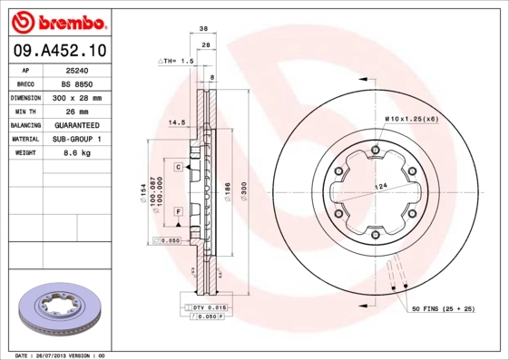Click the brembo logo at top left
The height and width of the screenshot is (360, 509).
click(x=58, y=21)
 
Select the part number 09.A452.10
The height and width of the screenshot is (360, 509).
click(x=58, y=50)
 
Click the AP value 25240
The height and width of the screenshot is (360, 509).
click(x=76, y=69)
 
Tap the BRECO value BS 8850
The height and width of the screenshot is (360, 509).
click(x=76, y=83)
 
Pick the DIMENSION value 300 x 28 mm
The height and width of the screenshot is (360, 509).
click(x=76, y=97)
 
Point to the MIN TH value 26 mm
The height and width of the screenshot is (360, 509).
click(x=76, y=111)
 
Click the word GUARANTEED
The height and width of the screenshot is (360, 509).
click(x=76, y=125)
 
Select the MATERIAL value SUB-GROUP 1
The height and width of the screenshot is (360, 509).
click(x=76, y=139)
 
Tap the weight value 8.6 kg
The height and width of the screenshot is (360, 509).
click(x=76, y=153)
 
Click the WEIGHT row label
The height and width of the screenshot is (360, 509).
click(x=24, y=153)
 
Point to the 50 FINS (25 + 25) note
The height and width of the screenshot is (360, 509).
click(x=444, y=310)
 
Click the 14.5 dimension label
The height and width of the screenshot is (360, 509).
click(x=177, y=121)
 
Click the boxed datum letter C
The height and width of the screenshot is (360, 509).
click(x=179, y=167)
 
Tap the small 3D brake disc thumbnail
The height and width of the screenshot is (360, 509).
click(x=56, y=309)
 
